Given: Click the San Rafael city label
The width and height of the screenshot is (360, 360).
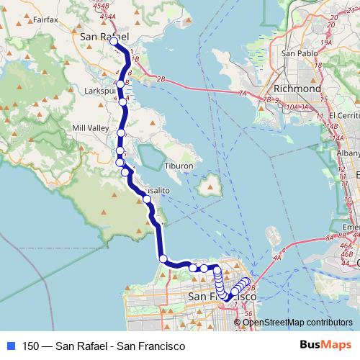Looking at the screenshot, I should [105, 36].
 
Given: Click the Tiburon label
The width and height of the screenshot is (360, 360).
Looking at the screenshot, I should [179, 166].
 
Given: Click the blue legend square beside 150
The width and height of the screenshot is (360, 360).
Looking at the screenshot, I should [9, 346].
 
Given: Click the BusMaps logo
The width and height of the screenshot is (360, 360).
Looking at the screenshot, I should [325, 346].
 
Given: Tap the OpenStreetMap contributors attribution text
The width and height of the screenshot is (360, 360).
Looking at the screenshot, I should [297, 322].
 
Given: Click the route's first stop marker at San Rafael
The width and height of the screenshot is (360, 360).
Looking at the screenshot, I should [113, 42].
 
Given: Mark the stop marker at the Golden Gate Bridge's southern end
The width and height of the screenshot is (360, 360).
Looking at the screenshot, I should [163, 258].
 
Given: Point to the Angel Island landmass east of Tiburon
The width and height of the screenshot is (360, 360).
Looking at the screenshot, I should [210, 186].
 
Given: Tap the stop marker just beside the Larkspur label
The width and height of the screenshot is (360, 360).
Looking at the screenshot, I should [123, 102].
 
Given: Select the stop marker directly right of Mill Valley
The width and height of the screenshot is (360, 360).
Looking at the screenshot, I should [122, 133].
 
